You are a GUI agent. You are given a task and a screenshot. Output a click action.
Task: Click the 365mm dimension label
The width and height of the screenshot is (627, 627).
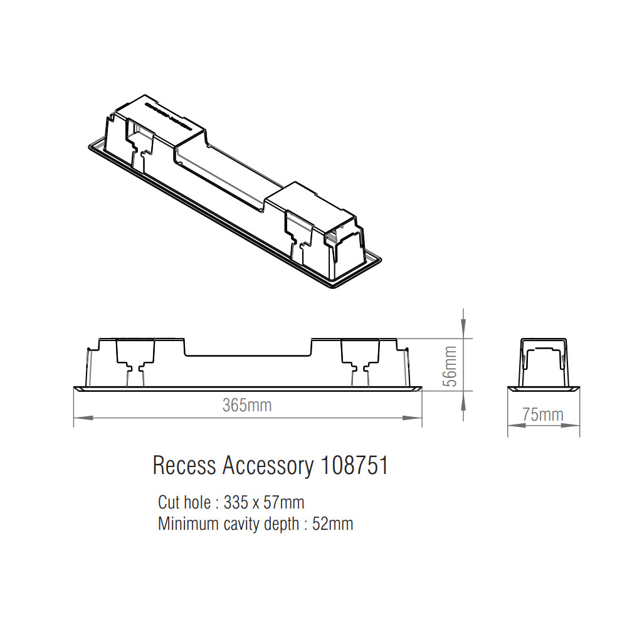[247, 405]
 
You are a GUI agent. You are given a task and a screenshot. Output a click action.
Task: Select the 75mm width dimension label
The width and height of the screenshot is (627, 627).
[543, 414]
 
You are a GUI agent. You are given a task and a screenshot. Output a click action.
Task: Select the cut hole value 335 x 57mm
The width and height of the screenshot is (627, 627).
[264, 502]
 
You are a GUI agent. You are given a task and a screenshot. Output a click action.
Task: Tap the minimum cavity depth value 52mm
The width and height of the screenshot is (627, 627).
[332, 524]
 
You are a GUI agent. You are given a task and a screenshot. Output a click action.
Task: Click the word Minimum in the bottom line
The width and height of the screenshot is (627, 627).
[189, 524]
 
